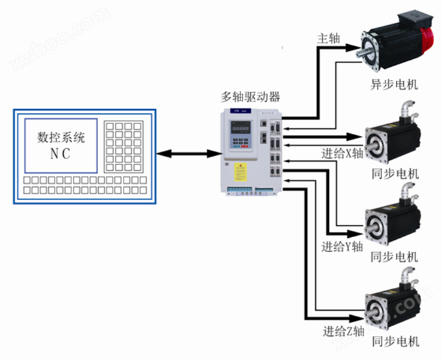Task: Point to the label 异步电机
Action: click(395, 84)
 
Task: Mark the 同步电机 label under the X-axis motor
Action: click(395, 173)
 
